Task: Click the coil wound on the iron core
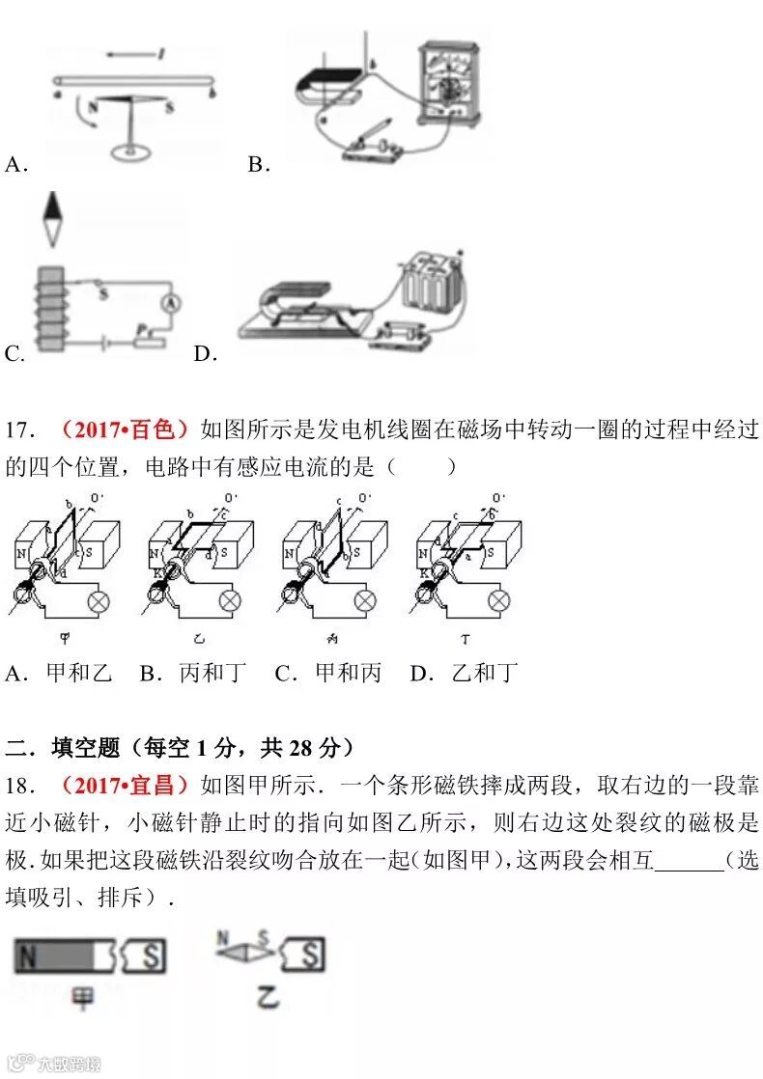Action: click(x=47, y=309)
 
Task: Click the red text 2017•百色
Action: click(x=126, y=429)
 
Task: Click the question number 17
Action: click(x=21, y=429)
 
